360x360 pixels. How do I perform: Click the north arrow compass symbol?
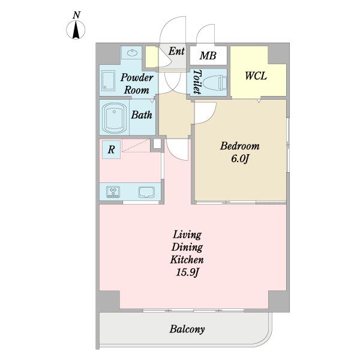76,30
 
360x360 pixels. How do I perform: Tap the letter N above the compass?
76,15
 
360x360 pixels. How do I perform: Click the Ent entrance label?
176,51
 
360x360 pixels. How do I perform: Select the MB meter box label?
208,56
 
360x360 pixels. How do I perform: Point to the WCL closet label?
256,76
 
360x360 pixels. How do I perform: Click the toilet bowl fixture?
215,83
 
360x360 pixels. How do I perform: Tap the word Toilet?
197,82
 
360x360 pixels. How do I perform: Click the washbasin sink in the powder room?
132,53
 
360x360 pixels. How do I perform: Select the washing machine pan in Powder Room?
108,80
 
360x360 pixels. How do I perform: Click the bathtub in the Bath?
114,118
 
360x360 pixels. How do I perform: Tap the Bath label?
142,115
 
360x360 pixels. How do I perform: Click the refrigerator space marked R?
112,149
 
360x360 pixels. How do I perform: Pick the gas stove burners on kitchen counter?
113,192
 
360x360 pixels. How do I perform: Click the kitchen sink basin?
146,192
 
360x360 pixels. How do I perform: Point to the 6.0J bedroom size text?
240,158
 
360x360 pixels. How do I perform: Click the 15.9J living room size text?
187,272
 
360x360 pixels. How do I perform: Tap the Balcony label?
187,329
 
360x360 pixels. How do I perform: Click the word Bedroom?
239,146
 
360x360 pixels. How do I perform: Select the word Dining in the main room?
187,247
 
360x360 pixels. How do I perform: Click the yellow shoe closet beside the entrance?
152,57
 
